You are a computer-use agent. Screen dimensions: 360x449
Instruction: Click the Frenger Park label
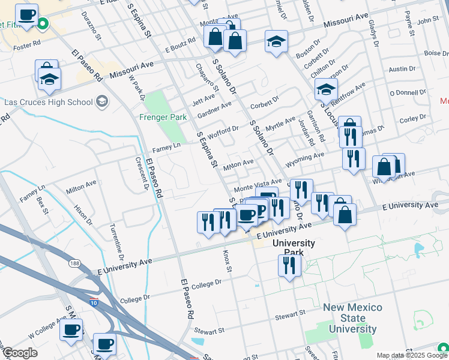point(163,118)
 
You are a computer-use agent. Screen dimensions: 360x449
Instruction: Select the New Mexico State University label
point(352,318)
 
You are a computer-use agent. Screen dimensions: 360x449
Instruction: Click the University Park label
point(294,247)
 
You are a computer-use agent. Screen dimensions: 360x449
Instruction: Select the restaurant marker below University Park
point(289,265)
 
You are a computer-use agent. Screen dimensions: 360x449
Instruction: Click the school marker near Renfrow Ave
point(325,91)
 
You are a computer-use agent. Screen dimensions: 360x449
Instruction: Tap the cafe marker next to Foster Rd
point(26,16)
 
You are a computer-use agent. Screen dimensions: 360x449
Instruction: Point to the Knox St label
point(228,261)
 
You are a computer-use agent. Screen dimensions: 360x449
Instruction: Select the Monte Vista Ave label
point(258,185)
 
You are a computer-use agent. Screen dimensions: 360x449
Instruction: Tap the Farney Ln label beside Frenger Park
point(166,146)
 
